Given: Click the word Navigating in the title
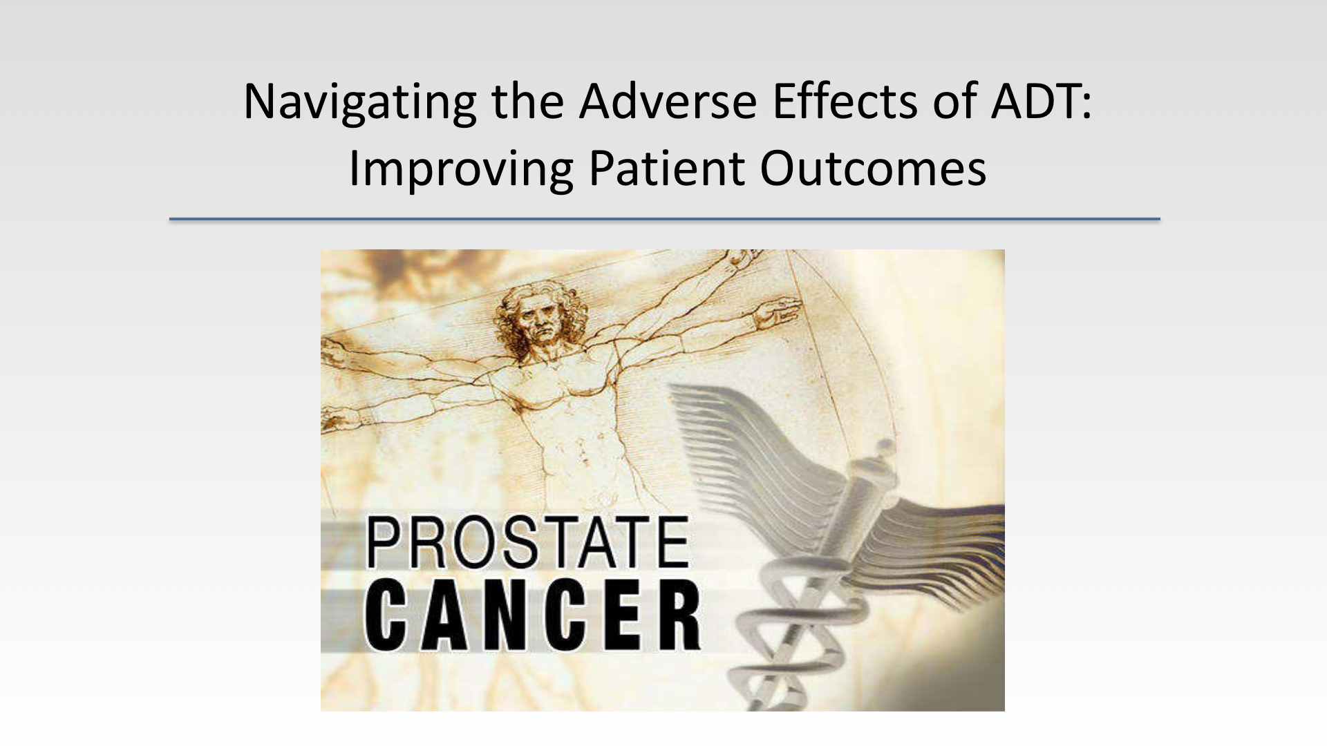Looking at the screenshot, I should pos(359,102).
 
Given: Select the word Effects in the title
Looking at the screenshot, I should pos(845,101).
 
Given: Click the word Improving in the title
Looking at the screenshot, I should pos(460,169).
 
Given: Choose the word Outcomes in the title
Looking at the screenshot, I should pos(873,168).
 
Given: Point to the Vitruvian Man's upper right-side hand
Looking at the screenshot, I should pos(778,312).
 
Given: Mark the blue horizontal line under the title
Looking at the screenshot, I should pos(664,219).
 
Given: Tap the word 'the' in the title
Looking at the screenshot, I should pos(527,101).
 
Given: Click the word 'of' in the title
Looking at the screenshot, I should pos(957,101).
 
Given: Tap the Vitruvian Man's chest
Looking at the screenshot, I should pos(553,383).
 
